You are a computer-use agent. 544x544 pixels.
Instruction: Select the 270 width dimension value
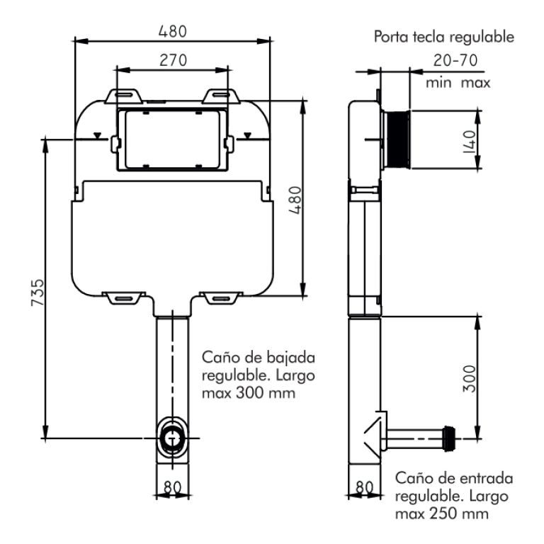pyautogui.click(x=172, y=60)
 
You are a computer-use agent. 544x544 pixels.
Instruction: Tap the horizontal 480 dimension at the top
pyautogui.click(x=172, y=32)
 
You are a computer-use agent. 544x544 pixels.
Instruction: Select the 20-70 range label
pyautogui.click(x=456, y=60)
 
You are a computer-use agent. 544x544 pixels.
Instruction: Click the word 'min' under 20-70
pyautogui.click(x=439, y=82)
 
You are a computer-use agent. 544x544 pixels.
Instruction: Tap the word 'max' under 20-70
pyautogui.click(x=475, y=82)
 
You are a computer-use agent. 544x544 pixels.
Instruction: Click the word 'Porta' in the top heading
pyautogui.click(x=391, y=38)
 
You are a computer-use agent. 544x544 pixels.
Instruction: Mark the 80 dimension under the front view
pyautogui.click(x=172, y=488)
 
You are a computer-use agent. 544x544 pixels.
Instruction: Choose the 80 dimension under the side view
pyautogui.click(x=364, y=488)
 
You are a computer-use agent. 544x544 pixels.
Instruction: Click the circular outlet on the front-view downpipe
pyautogui.click(x=171, y=437)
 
